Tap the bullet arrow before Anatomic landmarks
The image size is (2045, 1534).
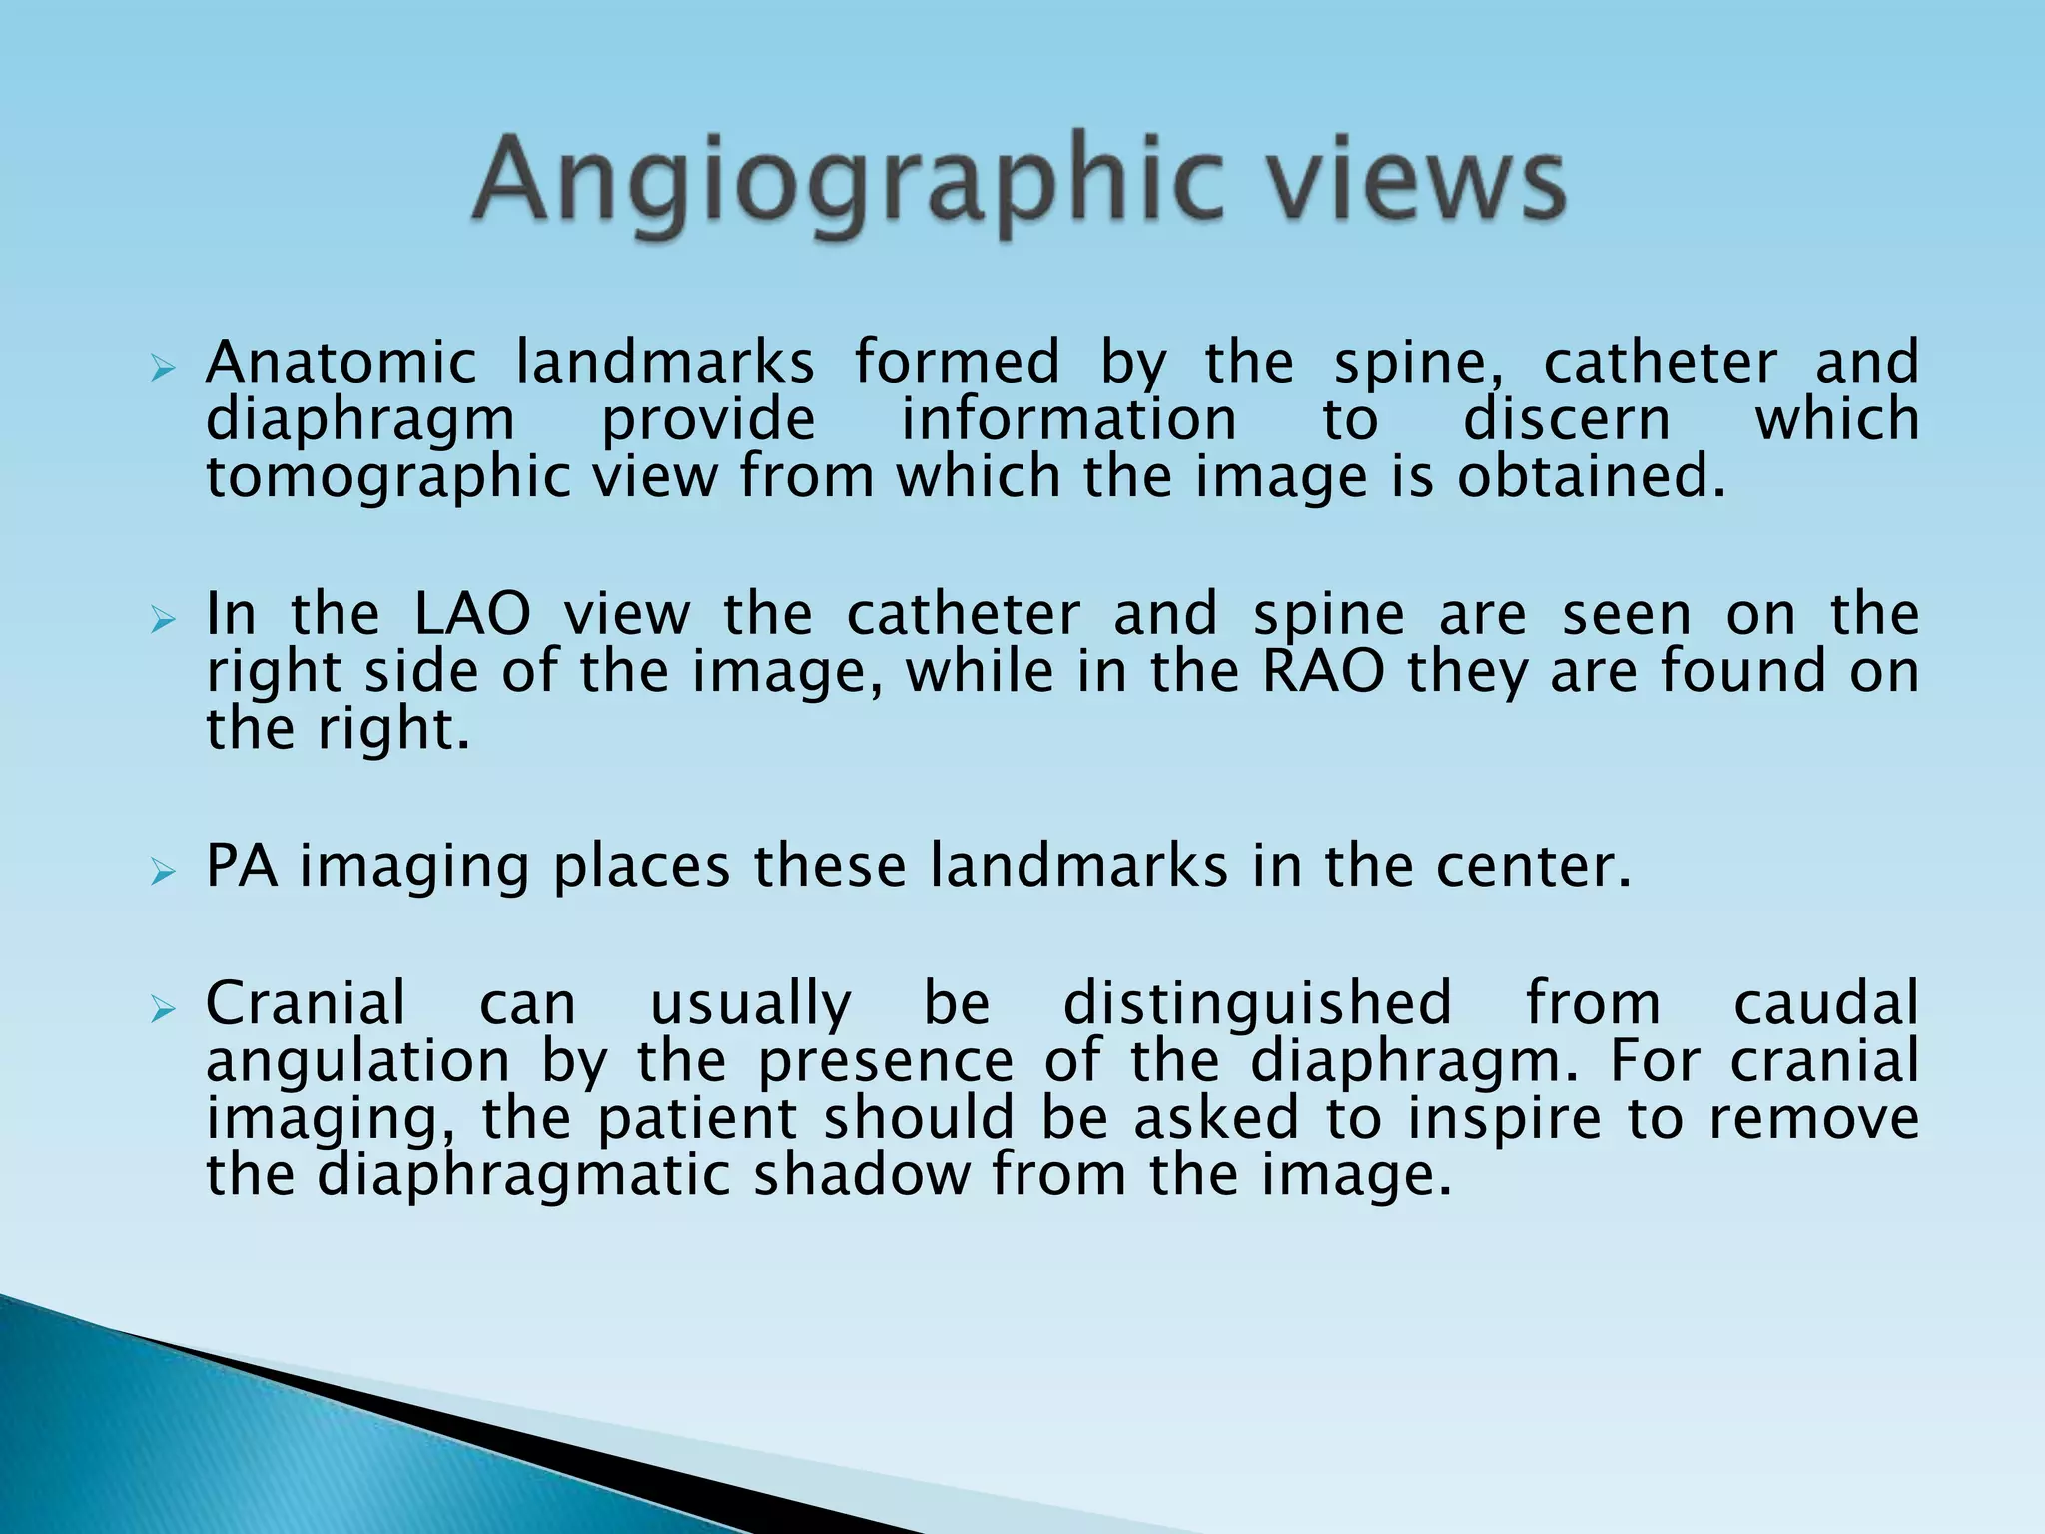pos(162,371)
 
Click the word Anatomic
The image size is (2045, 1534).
pos(341,362)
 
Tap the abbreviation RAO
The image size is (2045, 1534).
pos(1324,671)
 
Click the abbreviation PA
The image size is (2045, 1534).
pos(241,865)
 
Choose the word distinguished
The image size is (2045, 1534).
pos(1257,1003)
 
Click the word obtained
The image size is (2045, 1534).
pos(1592,477)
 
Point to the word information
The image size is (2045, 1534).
pos(1068,419)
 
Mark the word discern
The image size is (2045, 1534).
pos(1566,419)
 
